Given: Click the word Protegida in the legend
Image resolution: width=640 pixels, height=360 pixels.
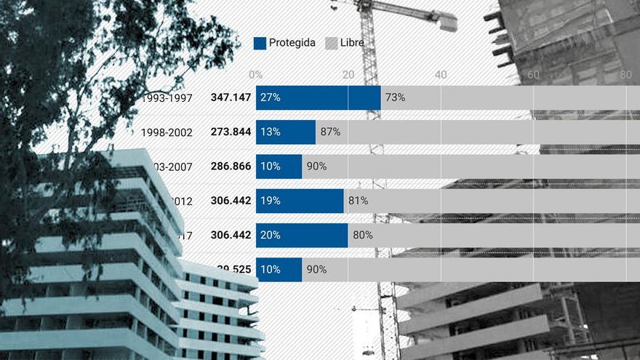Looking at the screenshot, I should (292, 43).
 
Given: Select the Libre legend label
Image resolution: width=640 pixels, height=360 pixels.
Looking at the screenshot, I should (352, 43).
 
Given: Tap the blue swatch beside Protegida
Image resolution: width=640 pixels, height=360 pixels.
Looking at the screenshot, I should (260, 43).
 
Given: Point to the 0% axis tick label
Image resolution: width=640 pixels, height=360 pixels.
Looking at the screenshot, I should (255, 74).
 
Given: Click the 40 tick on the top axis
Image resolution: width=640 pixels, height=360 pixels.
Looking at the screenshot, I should (441, 74).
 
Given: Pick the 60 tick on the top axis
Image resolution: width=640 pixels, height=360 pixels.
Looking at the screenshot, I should (533, 74).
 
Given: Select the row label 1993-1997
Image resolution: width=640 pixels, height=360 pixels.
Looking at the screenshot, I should (168, 97).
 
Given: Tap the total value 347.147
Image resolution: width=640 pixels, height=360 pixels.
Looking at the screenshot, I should (231, 97).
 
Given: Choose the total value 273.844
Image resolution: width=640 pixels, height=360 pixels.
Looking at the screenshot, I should (231, 132).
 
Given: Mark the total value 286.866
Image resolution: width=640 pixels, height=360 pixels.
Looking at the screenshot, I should (231, 167).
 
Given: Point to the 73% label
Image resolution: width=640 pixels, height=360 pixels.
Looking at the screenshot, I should (395, 97).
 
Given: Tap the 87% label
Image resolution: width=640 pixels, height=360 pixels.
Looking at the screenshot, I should (330, 132).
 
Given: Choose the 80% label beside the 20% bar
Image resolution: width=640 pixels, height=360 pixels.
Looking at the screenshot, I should (362, 235).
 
